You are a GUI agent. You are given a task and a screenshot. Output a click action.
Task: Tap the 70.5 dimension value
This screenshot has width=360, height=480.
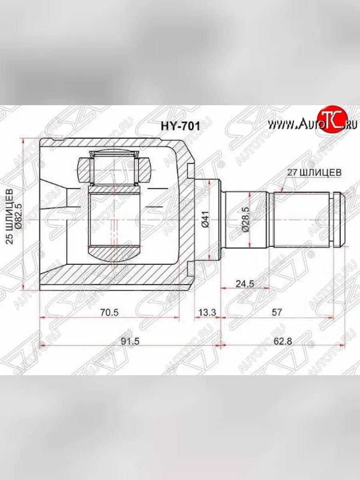point(109,313)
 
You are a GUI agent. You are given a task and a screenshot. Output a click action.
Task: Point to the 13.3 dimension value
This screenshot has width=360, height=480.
point(207,313)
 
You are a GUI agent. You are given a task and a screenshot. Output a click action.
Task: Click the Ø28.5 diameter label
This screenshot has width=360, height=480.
point(245,220)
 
